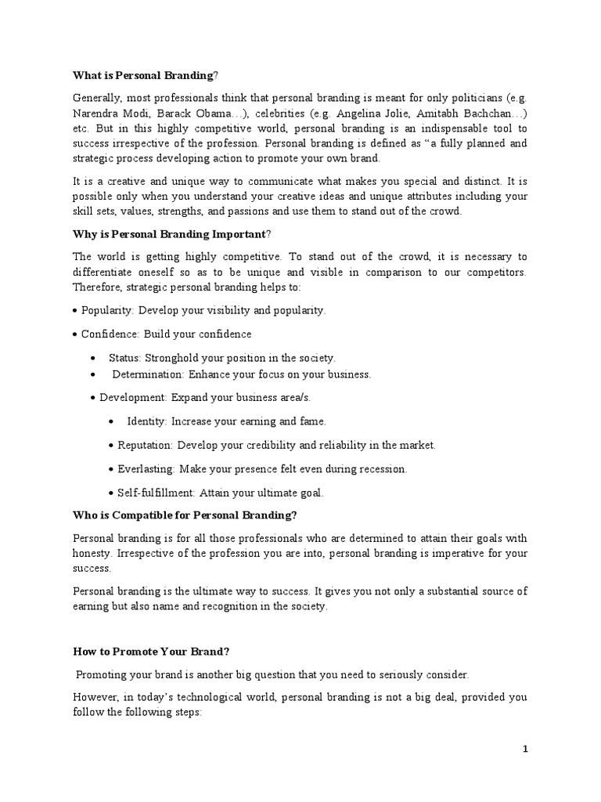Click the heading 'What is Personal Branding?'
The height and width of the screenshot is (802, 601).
[x=146, y=75]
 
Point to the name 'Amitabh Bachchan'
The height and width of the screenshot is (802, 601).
[x=477, y=114]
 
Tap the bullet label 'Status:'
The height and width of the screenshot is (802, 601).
[x=125, y=358]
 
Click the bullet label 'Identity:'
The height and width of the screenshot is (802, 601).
[x=147, y=421]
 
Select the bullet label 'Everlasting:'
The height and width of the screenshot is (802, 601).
[x=146, y=469]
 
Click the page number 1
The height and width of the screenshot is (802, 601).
[x=526, y=750]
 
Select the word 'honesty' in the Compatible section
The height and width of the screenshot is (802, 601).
[x=92, y=553]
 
